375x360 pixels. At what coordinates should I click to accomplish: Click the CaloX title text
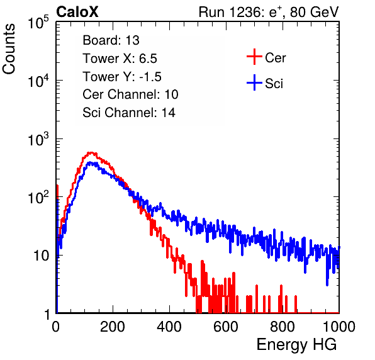77,12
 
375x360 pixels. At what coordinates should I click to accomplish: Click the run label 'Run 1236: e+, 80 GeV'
269,12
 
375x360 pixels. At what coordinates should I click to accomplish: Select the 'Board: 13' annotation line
111,40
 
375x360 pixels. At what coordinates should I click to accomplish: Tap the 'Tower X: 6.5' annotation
120,59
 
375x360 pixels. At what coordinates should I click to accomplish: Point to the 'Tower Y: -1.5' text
122,77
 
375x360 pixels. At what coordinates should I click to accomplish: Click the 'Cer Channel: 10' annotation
130,94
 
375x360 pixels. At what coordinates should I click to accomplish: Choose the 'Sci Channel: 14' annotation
129,113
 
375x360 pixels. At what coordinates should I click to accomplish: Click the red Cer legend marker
254,57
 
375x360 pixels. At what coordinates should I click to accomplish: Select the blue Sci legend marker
254,82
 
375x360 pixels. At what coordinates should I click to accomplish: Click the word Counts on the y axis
9,49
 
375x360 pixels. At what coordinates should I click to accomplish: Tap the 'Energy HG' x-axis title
296,344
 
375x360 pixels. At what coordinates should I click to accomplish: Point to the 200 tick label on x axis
113,327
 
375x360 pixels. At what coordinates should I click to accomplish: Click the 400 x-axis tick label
169,327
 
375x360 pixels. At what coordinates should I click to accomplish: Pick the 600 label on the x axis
226,327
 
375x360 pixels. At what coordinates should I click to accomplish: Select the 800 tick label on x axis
283,327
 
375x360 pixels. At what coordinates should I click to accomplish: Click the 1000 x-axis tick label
339,327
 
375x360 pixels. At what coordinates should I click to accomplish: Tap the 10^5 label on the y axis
38,23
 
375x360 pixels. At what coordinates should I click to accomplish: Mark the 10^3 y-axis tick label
38,139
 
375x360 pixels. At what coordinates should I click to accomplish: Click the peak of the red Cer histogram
91,152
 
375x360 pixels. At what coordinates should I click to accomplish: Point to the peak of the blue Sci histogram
90,162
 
